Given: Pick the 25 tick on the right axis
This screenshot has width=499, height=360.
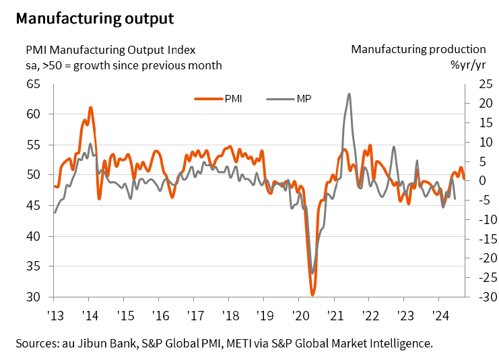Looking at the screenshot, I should click(485, 84).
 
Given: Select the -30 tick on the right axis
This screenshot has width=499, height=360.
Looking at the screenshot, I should click(484, 297).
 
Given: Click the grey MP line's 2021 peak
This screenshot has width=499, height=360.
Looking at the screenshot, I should click(349, 94).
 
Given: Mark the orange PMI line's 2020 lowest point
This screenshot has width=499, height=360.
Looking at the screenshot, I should click(312, 295).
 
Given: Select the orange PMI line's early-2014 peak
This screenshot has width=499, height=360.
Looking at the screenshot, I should click(90, 107).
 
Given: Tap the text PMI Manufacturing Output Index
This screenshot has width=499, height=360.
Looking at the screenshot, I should click(110, 49).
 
